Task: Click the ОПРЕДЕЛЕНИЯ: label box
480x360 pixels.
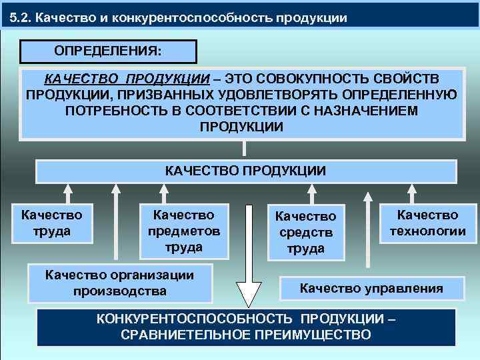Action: coord(109,51)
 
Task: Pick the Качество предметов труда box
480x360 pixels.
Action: coord(183,231)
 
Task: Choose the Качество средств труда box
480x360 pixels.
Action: coord(306,233)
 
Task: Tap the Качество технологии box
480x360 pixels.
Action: coord(427,223)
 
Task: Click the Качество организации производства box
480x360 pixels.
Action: coord(120,283)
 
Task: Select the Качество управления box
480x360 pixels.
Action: coord(371,288)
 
